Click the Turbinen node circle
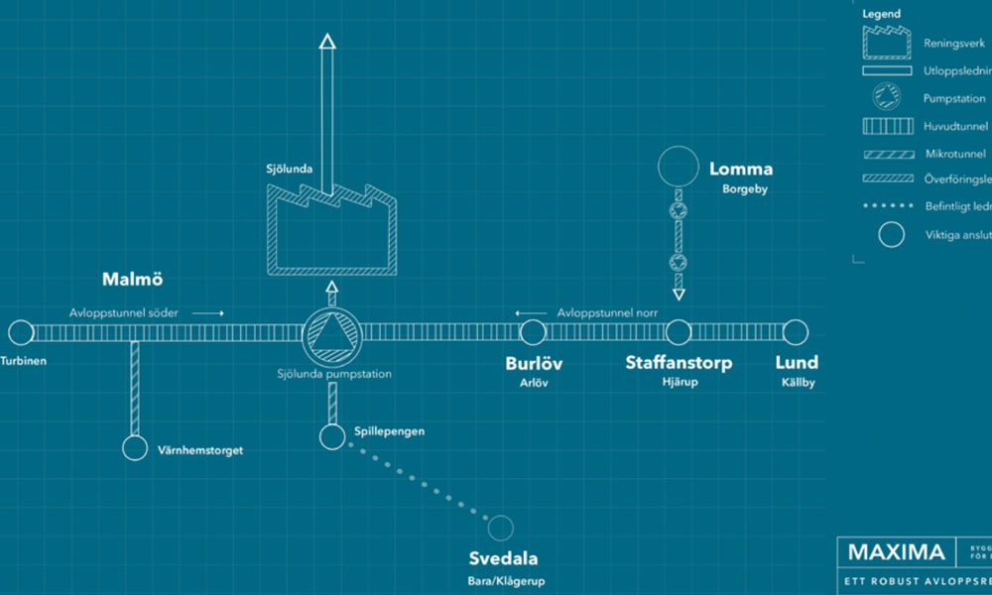[x=21, y=332]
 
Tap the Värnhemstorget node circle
[x=134, y=448]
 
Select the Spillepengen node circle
[x=332, y=435]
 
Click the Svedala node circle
[x=501, y=528]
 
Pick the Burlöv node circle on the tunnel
[x=534, y=332]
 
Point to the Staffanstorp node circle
[x=679, y=332]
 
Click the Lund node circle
[x=795, y=332]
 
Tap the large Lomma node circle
[x=680, y=166]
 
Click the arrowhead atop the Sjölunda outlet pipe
[x=328, y=41]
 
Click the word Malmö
[x=132, y=279]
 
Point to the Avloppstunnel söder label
[x=124, y=312]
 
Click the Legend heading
[x=880, y=14]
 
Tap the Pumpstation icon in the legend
[x=886, y=97]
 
